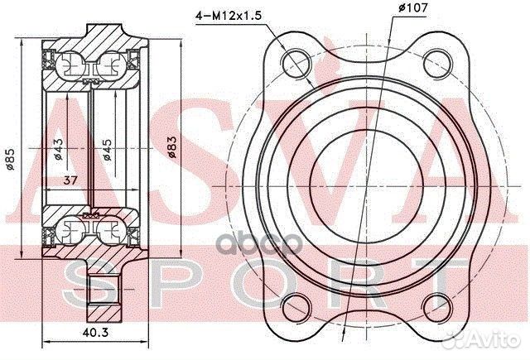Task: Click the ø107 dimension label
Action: pos(412,7)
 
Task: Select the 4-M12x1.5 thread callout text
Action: pos(229,16)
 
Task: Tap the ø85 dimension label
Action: pos(10,159)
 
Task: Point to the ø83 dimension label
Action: pos(171,146)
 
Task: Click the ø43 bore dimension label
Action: pos(58,149)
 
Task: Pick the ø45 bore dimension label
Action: pos(107,150)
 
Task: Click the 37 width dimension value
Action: pos(70,180)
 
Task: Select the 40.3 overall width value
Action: pos(96,333)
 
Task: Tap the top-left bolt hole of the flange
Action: pos(296,64)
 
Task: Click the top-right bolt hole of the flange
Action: pos(438,64)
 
